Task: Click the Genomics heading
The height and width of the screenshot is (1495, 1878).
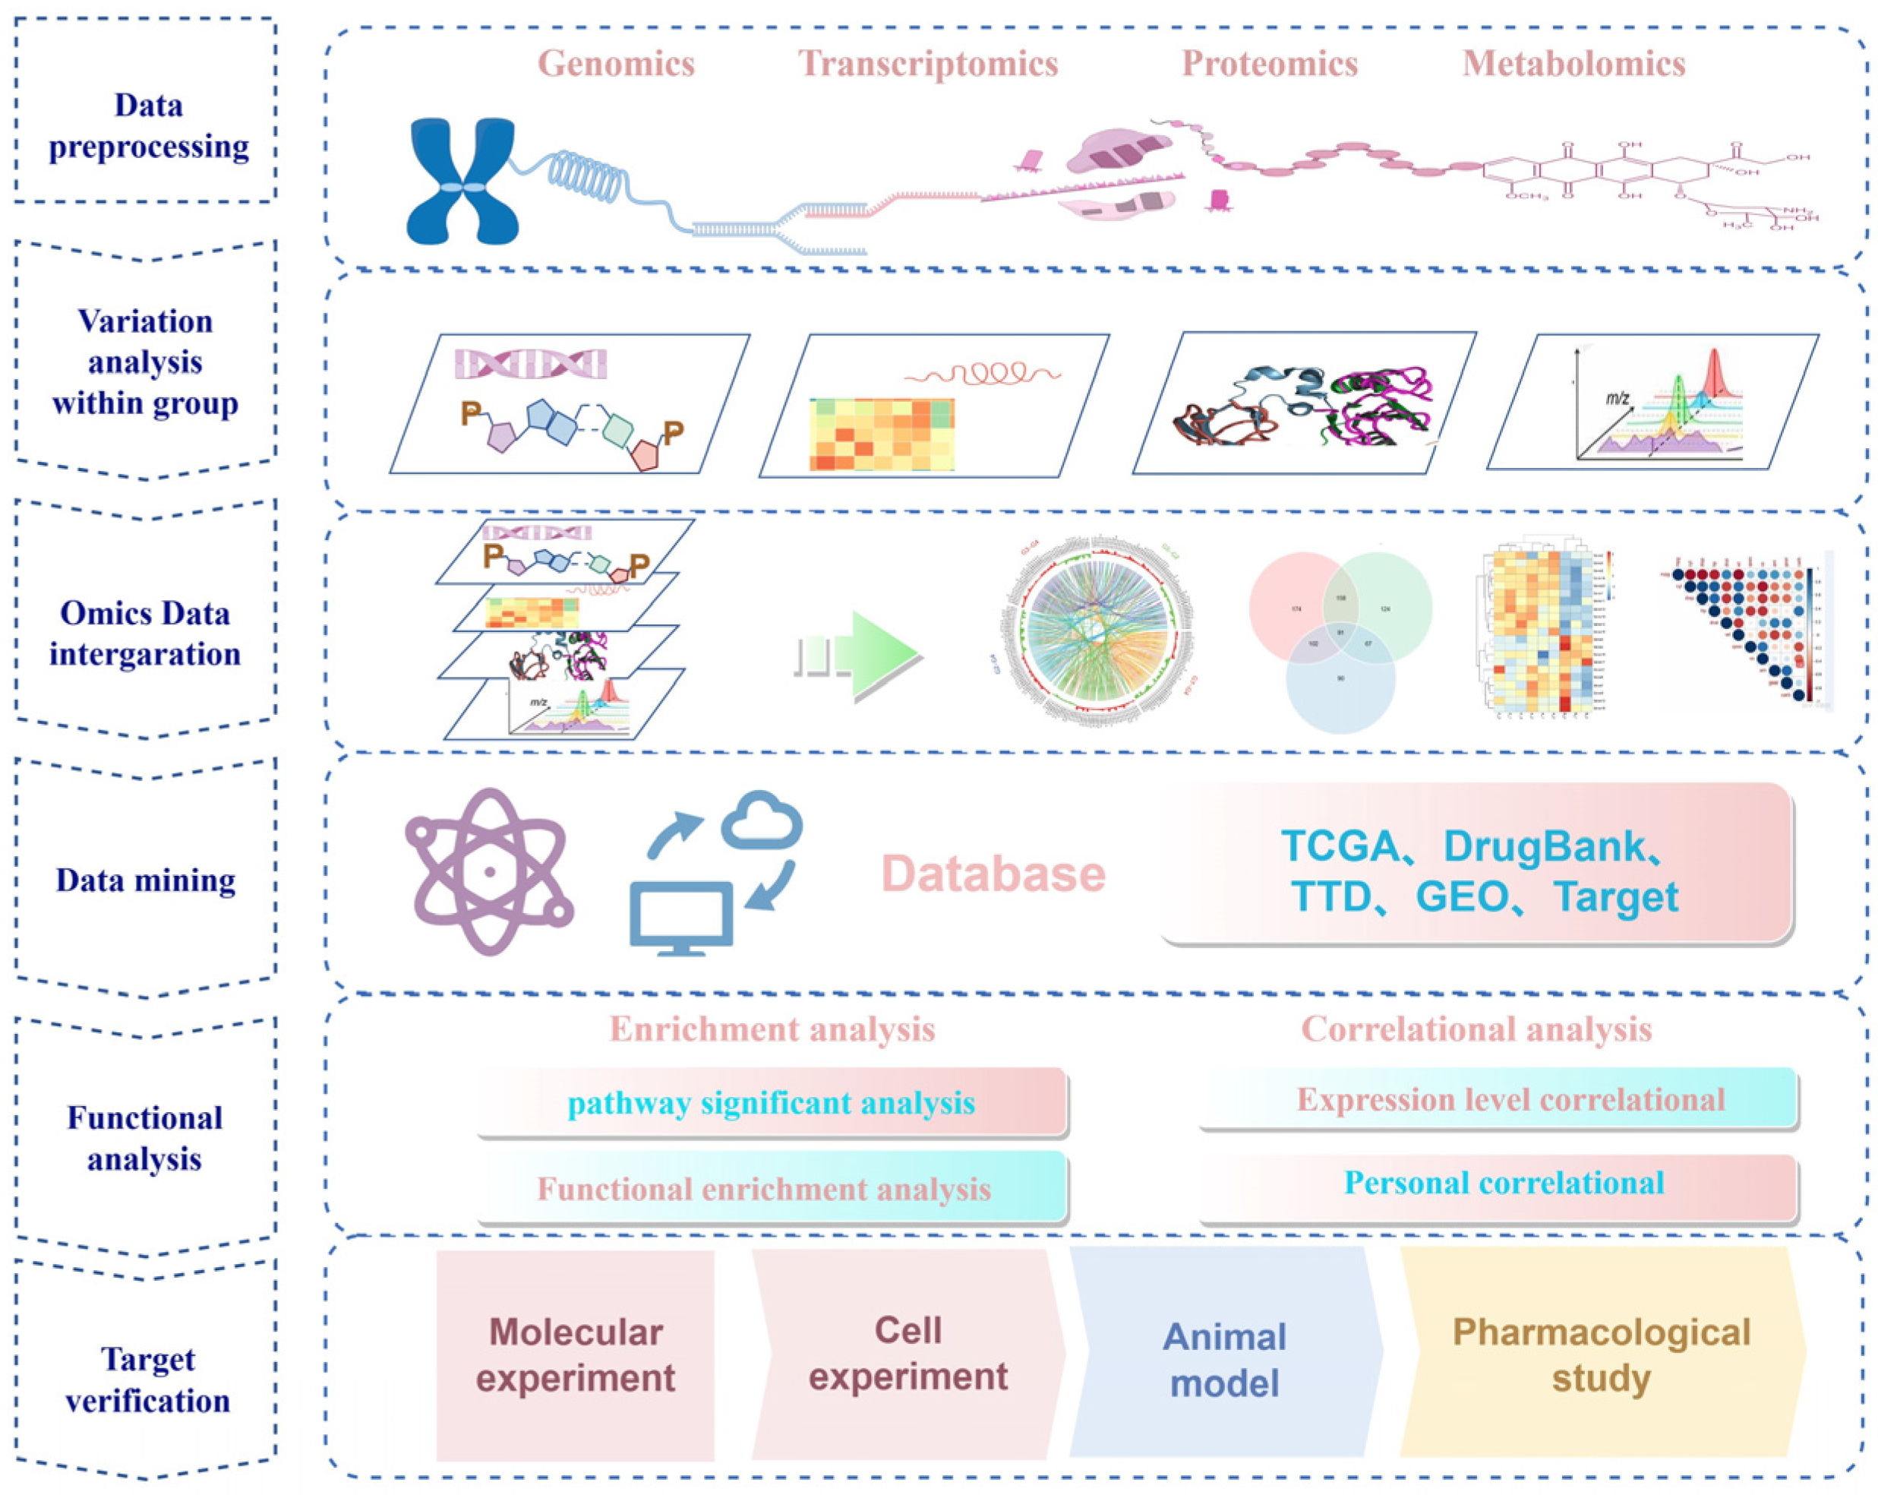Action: [x=616, y=64]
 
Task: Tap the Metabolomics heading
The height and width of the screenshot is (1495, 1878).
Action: [x=1573, y=64]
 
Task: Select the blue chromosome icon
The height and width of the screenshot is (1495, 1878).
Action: [x=462, y=182]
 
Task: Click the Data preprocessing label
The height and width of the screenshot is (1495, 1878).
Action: [x=148, y=125]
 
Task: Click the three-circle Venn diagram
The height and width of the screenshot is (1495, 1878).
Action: [x=1340, y=640]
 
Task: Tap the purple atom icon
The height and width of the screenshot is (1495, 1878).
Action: [x=490, y=871]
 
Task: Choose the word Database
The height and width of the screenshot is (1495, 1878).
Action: [x=993, y=873]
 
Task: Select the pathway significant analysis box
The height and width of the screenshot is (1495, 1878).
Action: [x=772, y=1102]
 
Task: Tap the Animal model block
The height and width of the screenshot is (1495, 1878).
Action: [x=1224, y=1359]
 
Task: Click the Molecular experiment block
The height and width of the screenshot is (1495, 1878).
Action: [x=575, y=1356]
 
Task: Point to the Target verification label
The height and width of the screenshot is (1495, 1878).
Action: [x=148, y=1379]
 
